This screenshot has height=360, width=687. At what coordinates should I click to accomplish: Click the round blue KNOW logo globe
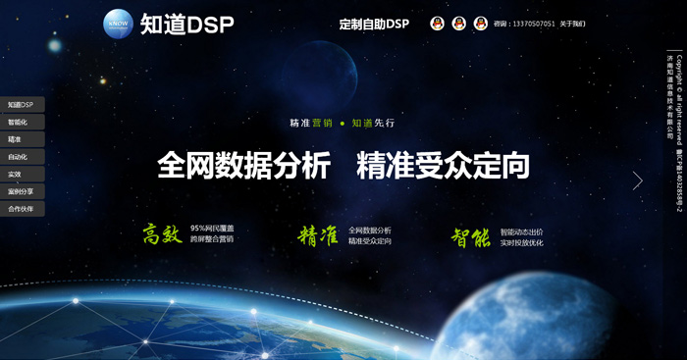pos(118,24)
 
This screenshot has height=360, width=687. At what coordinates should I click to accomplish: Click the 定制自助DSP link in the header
pos(374,24)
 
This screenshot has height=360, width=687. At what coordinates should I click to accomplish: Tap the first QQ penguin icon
pos(438,24)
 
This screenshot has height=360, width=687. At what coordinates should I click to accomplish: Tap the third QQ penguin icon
pos(481,24)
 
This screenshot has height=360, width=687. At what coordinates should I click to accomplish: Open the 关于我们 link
pos(572,24)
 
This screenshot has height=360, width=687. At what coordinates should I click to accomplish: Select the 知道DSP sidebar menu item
pos(21,105)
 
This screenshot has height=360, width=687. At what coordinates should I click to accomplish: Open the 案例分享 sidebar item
pos(21,191)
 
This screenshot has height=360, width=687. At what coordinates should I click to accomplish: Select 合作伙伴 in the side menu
pos(21,209)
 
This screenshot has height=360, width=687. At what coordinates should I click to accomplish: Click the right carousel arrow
pos(638,180)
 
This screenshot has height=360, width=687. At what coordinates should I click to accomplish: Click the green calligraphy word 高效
pos(163,233)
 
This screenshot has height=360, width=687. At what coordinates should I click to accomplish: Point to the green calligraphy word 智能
pos(471,236)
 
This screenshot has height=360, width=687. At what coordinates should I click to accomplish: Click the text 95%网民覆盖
pos(212,228)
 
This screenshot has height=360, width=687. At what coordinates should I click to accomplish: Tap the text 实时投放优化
pos(521,242)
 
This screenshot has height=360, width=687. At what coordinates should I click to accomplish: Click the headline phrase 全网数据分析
pos(243,165)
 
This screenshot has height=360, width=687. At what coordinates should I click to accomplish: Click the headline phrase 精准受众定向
pos(443,165)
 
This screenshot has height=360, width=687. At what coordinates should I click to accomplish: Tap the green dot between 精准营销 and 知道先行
pos(343,124)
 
